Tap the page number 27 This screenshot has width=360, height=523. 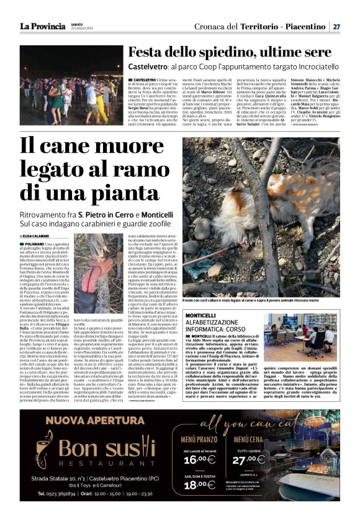tap(336, 27)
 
